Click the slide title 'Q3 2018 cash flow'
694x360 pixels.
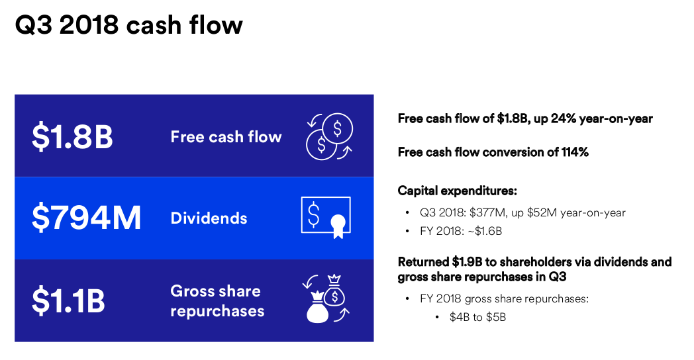click(128, 24)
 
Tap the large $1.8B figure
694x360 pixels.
click(73, 137)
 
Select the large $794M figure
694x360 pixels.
click(86, 218)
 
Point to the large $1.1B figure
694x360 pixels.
click(68, 300)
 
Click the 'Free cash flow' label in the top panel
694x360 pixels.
click(226, 137)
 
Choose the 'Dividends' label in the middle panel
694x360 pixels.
click(209, 218)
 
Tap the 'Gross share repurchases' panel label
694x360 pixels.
click(217, 300)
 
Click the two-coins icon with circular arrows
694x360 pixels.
click(329, 136)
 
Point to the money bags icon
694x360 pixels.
click(326, 298)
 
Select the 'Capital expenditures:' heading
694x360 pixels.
click(457, 191)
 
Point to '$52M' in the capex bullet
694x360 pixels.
click(542, 212)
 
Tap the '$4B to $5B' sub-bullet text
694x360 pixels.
click(477, 317)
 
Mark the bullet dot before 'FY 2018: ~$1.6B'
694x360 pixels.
click(407, 232)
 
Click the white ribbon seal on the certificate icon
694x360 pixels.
click(338, 226)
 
